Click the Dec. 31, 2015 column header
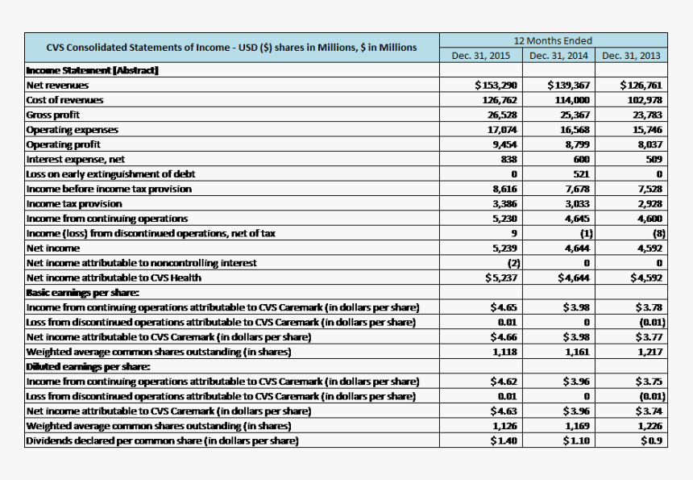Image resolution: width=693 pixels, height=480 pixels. (x=481, y=56)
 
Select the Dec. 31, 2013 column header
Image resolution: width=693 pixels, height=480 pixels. (x=631, y=56)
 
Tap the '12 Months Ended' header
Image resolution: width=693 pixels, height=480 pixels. (x=553, y=40)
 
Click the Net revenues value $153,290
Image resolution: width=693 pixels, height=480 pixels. (x=496, y=85)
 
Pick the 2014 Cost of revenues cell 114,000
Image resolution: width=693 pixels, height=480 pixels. (x=573, y=100)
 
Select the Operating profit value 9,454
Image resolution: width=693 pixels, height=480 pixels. (x=503, y=144)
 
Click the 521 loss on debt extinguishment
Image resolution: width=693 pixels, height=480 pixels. (x=583, y=174)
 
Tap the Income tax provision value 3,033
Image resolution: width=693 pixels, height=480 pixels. (x=577, y=203)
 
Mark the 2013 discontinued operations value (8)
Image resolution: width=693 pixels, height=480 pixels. (x=658, y=233)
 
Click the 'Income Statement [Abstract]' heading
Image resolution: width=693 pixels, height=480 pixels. (x=92, y=70)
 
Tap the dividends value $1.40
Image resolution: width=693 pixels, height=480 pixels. (x=504, y=440)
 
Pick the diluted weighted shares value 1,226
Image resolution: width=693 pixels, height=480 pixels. (x=649, y=426)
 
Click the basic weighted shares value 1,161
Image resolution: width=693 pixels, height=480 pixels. (x=578, y=352)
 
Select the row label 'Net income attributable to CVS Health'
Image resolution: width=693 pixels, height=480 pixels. (x=114, y=278)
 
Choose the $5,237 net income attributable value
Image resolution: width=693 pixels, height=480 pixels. (x=500, y=278)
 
